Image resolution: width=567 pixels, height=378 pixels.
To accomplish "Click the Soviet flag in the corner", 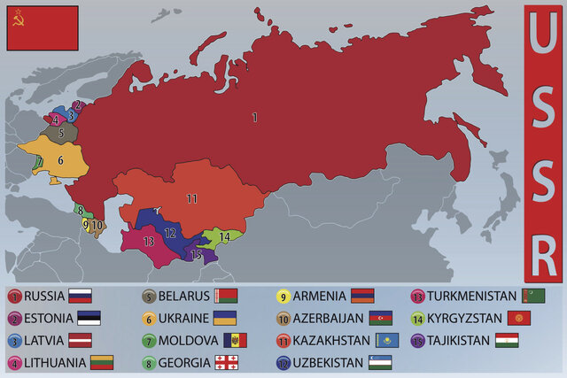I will pos(43,27).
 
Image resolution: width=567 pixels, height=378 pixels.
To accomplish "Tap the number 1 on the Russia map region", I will pos(254,117).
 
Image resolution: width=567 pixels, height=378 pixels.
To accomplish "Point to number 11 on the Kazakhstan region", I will pos(191,198).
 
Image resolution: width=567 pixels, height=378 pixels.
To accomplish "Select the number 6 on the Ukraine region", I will pos(60,160).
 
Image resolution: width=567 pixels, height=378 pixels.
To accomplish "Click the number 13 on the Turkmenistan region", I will pos(148,241).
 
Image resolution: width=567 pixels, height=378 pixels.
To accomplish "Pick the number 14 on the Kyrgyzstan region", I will pos(225,236).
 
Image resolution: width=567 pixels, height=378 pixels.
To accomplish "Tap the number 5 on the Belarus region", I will pos(60,135).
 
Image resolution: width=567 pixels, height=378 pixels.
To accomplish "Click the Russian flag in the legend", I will pos(81,297).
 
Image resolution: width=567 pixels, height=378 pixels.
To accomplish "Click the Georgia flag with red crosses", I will pos(228,362).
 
